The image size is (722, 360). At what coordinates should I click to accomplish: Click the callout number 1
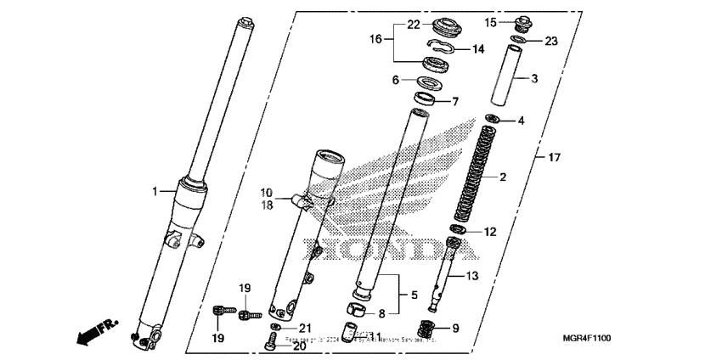[155, 192]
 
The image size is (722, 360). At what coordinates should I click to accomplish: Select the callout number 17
[553, 158]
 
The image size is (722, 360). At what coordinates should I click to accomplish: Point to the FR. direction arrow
[94, 332]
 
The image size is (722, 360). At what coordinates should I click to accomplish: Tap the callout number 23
[550, 40]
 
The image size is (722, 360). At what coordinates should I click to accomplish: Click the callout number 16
[375, 38]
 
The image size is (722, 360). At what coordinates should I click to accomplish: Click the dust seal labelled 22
[442, 25]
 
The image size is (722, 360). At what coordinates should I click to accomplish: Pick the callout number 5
[414, 295]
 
